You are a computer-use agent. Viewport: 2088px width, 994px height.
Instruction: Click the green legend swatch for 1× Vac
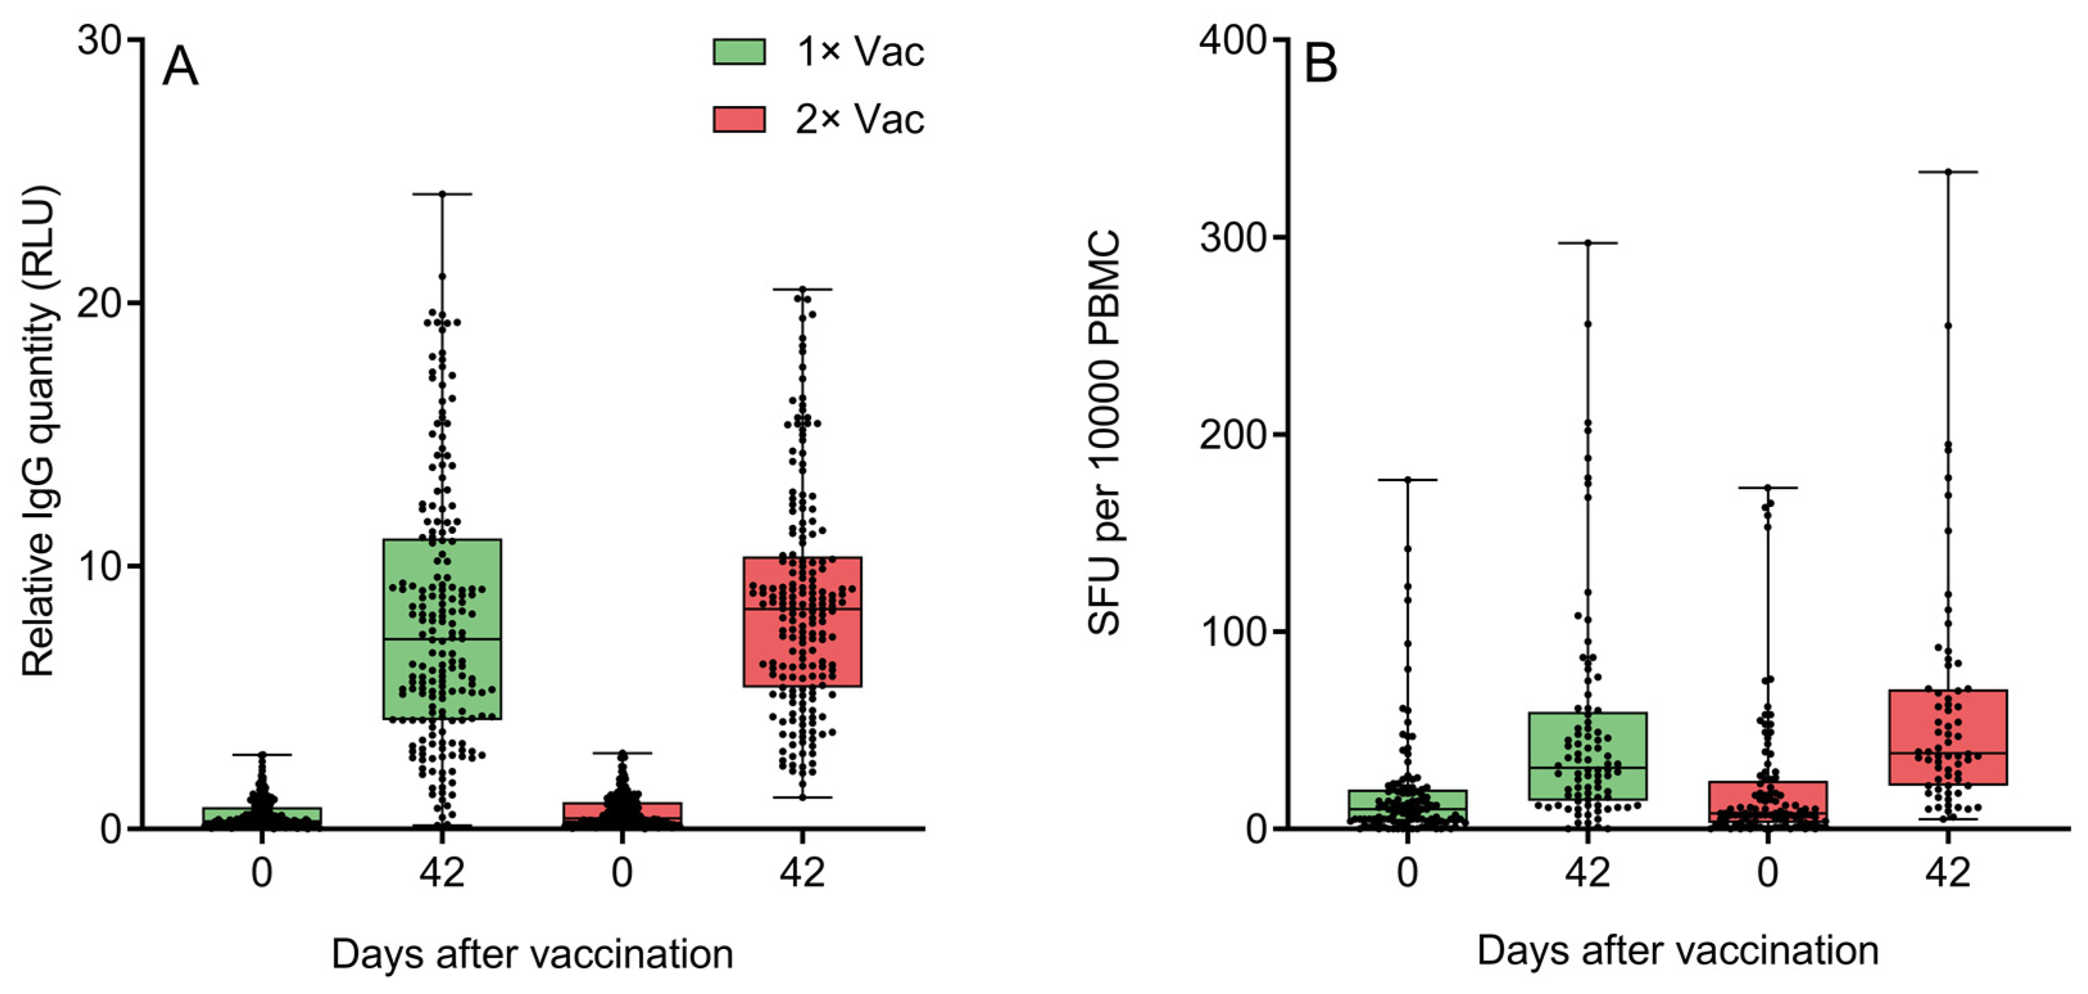738,52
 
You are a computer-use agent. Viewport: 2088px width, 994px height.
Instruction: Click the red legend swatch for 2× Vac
738,119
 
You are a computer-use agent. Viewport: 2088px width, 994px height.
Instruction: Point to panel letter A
180,67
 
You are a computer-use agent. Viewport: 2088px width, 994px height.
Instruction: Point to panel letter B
1320,64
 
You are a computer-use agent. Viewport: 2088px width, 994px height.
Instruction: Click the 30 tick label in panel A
99,40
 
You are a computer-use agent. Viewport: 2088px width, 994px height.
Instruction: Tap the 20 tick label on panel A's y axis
99,304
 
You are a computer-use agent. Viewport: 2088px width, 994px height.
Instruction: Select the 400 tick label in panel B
1232,40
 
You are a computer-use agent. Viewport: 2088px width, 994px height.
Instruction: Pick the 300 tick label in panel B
1232,237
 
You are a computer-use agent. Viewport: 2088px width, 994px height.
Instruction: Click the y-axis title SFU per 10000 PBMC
1104,431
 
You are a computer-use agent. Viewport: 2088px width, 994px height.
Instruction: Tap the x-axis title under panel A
532,954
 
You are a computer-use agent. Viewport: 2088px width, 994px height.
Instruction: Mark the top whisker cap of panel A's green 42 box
442,194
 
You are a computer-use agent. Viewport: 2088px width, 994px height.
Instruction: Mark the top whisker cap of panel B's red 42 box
1947,172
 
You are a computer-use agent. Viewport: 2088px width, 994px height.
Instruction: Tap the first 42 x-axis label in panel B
1587,873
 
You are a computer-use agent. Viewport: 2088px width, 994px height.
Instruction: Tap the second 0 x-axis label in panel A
622,873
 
